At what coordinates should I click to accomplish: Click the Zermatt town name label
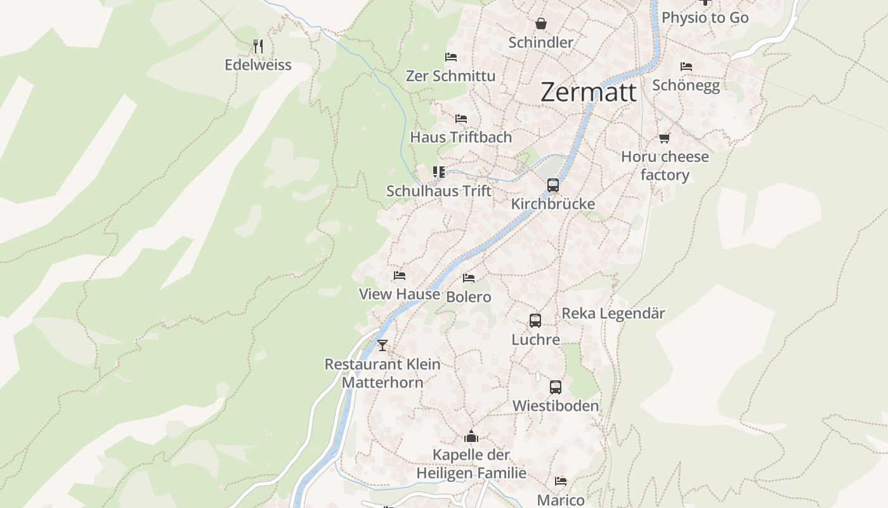coord(589,93)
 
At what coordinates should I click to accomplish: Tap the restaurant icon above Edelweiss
coord(258,46)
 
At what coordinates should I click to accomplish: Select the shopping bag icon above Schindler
coord(541,24)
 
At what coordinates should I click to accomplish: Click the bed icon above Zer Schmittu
coord(451,57)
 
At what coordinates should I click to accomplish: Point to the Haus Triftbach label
coord(460,137)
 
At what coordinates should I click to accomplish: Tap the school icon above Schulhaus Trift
coord(439,172)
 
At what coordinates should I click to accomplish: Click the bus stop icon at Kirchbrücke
coord(553,185)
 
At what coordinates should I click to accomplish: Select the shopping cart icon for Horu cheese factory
coord(664,138)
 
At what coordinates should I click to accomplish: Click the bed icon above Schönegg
coord(686,67)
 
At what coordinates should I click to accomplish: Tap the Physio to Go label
coord(705,18)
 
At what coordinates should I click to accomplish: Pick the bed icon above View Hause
coord(400,276)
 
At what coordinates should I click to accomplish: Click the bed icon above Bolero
coord(469,278)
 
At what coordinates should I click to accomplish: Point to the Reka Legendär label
coord(613,314)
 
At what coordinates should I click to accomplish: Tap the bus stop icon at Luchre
coord(535,321)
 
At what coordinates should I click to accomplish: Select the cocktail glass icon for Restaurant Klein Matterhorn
coord(382,345)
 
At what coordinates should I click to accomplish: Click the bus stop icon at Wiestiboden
coord(556,387)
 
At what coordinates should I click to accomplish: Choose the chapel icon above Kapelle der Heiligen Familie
coord(471,436)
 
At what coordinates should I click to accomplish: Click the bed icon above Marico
coord(561,481)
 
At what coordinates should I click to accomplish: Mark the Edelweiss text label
coord(258,65)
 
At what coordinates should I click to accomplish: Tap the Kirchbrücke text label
coord(553,204)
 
